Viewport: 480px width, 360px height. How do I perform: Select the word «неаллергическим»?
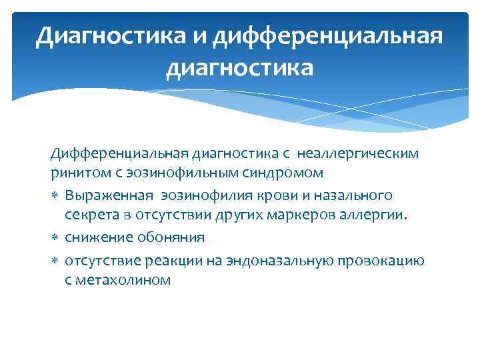tap(361, 154)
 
